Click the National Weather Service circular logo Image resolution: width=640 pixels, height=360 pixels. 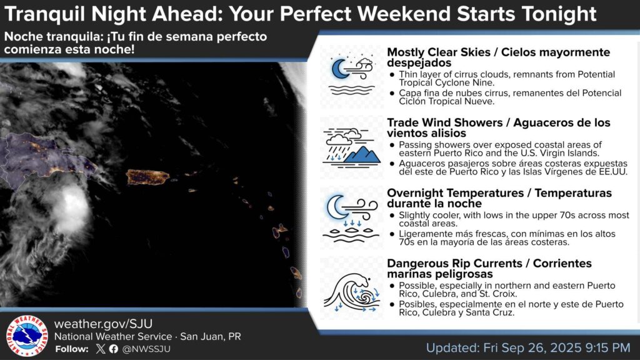click(x=27, y=336)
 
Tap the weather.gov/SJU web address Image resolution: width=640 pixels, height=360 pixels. click(x=103, y=324)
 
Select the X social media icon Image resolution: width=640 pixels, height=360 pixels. click(x=101, y=349)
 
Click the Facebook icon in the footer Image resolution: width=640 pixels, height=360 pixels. click(x=114, y=349)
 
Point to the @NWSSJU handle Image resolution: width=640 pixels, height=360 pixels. click(x=146, y=349)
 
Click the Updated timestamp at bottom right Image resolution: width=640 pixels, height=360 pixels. click(x=528, y=347)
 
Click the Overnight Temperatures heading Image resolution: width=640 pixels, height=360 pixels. click(x=455, y=193)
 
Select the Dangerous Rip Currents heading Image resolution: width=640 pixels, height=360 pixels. click(x=454, y=263)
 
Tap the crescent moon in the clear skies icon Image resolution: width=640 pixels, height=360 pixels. click(x=339, y=68)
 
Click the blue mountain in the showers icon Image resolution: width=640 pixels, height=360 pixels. click(x=362, y=155)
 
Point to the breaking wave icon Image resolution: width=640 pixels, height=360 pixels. click(x=352, y=291)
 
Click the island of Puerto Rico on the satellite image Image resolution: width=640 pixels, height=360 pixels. click(x=147, y=177)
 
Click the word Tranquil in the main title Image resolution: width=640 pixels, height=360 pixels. click(x=44, y=14)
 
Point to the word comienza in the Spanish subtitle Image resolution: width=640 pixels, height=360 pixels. click(x=30, y=49)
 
